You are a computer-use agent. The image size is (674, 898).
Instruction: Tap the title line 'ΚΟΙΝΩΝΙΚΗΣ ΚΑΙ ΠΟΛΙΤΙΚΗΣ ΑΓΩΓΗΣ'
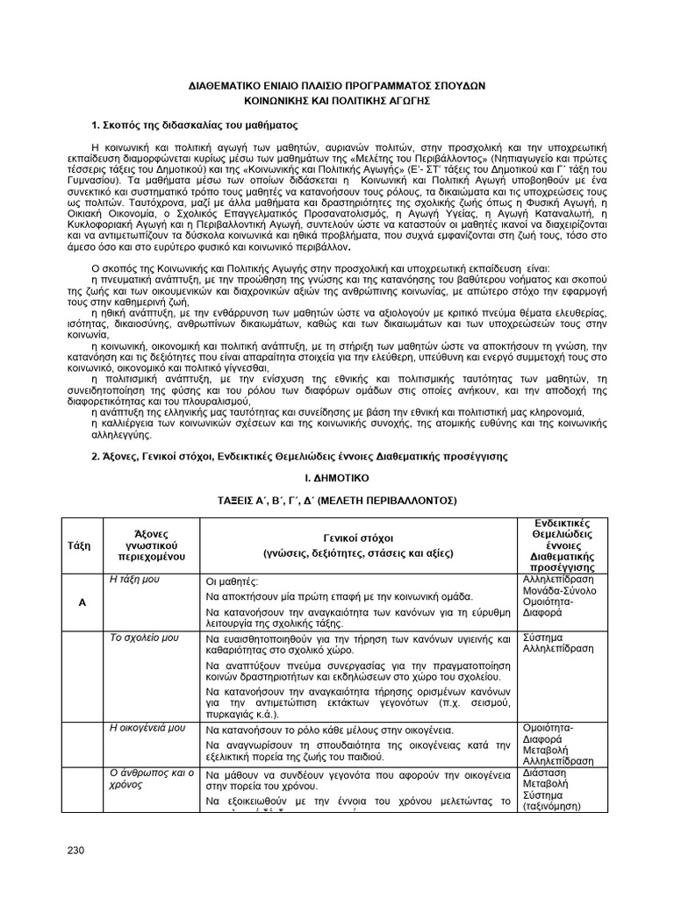click(x=337, y=102)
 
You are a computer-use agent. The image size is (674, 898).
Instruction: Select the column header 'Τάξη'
click(x=79, y=544)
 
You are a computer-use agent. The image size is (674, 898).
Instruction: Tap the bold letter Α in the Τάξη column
click(x=79, y=603)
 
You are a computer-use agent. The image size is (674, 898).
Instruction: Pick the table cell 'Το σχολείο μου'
click(x=139, y=638)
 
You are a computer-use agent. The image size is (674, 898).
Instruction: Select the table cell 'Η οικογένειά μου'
click(x=147, y=728)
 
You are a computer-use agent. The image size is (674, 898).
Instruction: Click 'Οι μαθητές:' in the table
click(x=232, y=581)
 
